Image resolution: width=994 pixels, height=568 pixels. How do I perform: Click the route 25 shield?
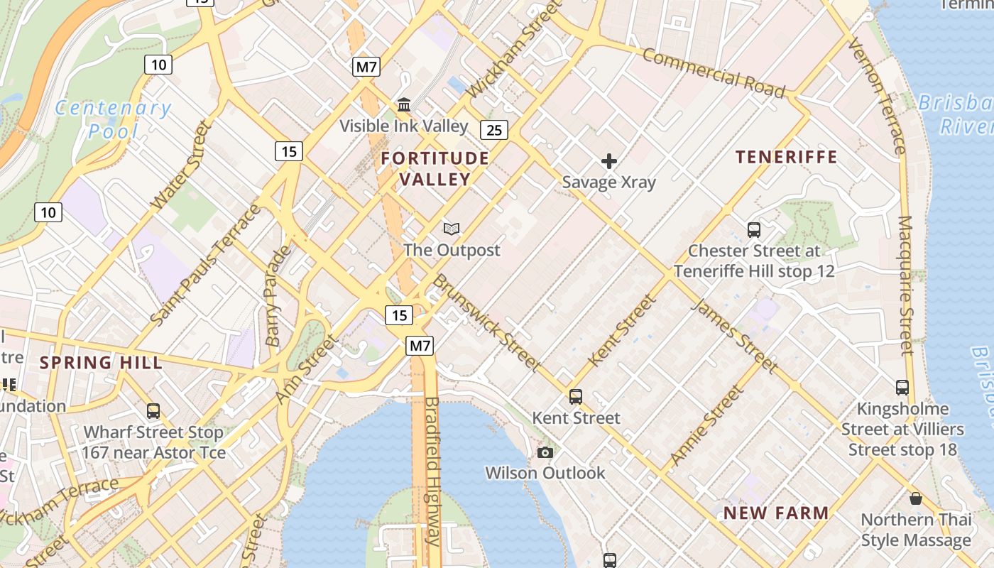click(494, 130)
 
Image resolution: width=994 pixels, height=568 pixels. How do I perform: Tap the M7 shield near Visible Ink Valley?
click(366, 67)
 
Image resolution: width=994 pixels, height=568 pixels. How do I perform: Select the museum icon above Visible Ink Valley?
click(404, 105)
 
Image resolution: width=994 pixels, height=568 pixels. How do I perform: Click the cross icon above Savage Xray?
click(609, 161)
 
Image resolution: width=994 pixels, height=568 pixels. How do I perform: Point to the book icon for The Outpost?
click(452, 229)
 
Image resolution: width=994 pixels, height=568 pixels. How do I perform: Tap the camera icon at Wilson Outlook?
click(545, 452)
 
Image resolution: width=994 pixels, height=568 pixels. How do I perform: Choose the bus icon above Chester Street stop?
click(754, 230)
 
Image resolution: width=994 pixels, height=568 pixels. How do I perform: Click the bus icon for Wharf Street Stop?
click(153, 411)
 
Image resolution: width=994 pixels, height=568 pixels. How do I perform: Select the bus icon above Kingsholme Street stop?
click(902, 388)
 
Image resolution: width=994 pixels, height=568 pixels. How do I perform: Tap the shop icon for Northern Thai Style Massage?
click(916, 498)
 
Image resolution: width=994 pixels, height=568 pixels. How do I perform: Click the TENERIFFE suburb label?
click(786, 157)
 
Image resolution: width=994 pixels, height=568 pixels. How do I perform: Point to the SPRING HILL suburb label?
click(101, 363)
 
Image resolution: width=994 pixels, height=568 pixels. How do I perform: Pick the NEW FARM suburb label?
click(776, 513)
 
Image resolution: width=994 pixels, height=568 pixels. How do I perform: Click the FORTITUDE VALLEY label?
click(435, 168)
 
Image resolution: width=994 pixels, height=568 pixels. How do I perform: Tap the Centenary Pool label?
click(114, 119)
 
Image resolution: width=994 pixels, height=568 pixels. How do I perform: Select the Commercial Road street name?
click(714, 72)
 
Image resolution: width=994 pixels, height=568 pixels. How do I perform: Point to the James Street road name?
click(734, 335)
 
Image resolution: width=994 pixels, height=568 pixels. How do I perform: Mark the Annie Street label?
click(707, 425)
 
